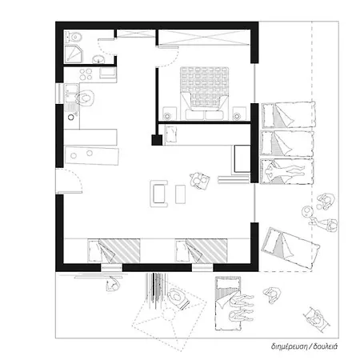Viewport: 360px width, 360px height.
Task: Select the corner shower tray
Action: point(74,54)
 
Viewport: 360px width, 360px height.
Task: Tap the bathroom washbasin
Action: point(98,59)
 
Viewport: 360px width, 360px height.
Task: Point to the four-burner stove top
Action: point(86,74)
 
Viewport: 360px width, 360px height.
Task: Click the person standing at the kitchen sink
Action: point(85,98)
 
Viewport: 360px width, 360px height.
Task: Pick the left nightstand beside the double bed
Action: point(170,114)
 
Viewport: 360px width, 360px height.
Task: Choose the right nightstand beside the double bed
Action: point(239,114)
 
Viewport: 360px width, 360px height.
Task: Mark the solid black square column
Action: point(157,140)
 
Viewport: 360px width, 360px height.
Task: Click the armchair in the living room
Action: point(159,194)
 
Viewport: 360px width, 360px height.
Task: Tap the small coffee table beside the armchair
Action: point(181,194)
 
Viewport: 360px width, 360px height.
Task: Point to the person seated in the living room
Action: point(200,181)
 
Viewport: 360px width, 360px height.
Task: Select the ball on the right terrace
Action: point(307,212)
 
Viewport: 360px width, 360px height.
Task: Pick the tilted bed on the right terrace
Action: point(290,248)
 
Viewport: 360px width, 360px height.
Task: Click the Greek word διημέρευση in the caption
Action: point(289,346)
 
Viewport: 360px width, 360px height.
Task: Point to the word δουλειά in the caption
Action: point(326,346)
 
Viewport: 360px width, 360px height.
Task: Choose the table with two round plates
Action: point(92,155)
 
